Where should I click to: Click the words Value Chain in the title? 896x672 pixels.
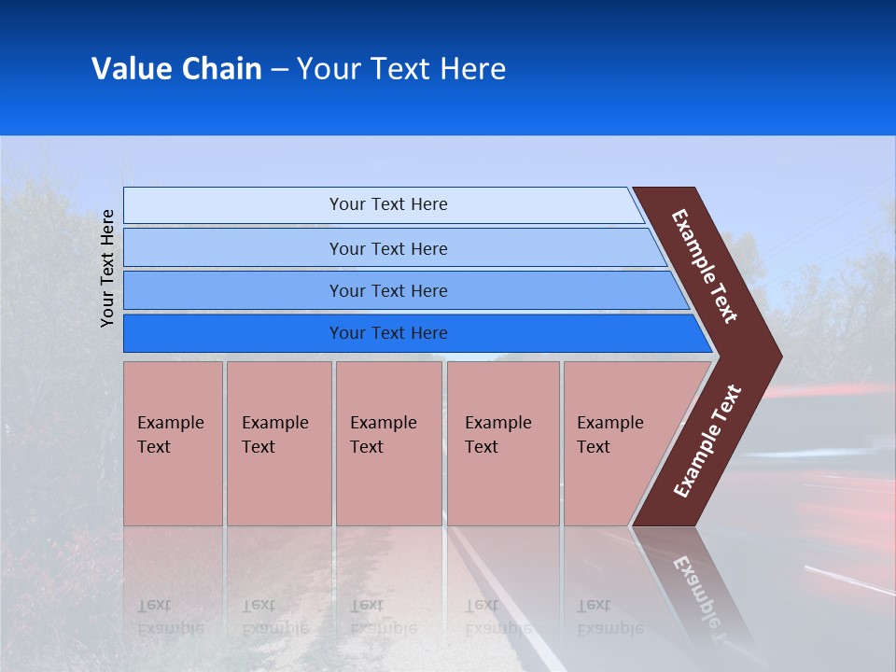pyautogui.click(x=176, y=69)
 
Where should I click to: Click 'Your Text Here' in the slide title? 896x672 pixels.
pyautogui.click(x=401, y=69)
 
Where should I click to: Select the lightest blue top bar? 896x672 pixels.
pyautogui.click(x=233, y=205)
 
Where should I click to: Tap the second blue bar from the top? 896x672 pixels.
pyautogui.click(x=233, y=248)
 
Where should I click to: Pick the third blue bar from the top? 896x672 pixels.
pyautogui.click(x=233, y=290)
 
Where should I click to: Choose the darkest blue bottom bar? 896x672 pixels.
pyautogui.click(x=233, y=333)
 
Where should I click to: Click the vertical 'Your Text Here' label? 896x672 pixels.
pyautogui.click(x=107, y=268)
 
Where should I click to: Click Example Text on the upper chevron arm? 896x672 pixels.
pyautogui.click(x=705, y=266)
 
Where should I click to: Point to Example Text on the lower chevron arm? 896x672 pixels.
pyautogui.click(x=707, y=441)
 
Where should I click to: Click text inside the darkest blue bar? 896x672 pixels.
pyautogui.click(x=388, y=333)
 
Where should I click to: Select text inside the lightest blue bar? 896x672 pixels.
pyautogui.click(x=388, y=204)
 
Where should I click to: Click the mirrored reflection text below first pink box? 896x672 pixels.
pyautogui.click(x=170, y=617)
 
